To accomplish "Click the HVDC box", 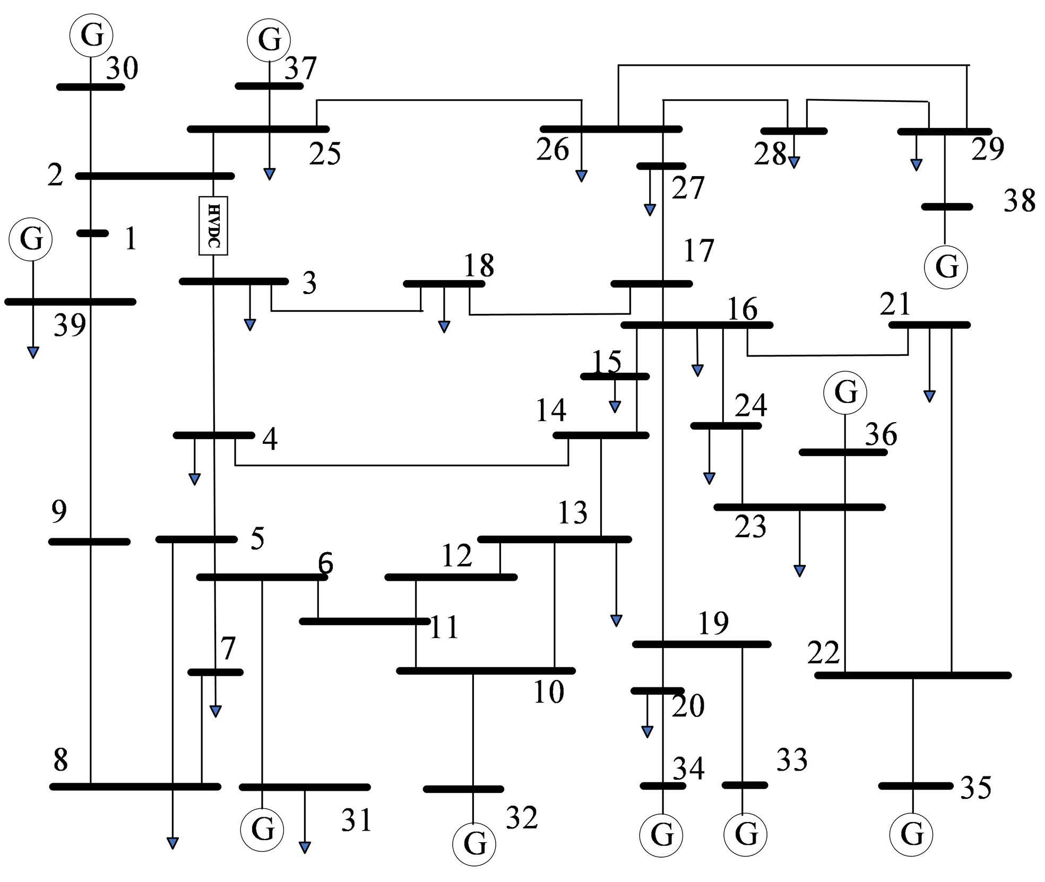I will coord(213,225).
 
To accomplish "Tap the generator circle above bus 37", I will coord(269,40).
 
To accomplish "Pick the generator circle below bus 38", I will coord(946,267).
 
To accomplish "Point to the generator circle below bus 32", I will coord(474,844).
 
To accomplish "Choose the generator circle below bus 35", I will coord(912,834).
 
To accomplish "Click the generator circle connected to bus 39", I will coord(31,239).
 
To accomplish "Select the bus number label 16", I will coord(742,309).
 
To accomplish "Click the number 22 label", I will coord(823,653).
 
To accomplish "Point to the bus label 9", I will coord(59,512).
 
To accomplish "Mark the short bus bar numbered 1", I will coord(92,233).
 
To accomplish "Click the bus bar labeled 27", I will coord(661,166).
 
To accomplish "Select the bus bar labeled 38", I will coord(947,207).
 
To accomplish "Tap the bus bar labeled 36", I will coord(843,452).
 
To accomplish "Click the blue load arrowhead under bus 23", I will coord(799,571).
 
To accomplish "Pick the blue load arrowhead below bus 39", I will coord(33,352).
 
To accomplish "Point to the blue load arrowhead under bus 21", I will coord(929,396).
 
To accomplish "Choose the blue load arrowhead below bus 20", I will coord(647,732).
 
